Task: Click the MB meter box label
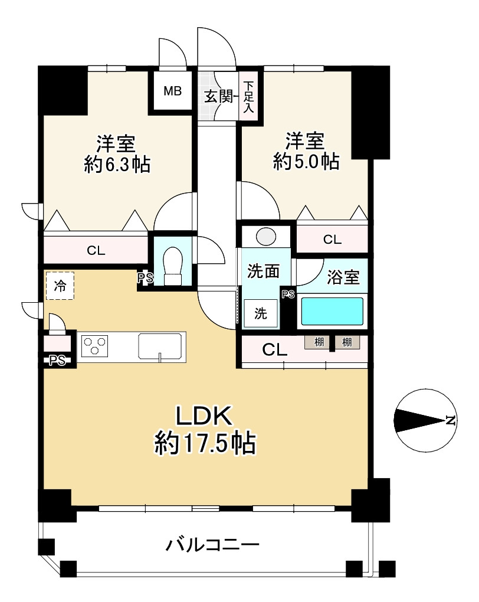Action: [x=172, y=91]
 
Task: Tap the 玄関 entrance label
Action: [x=218, y=96]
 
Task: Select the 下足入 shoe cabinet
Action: [x=249, y=97]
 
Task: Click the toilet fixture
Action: [x=172, y=266]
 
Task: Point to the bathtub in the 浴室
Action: [x=332, y=312]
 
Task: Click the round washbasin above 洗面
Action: [x=266, y=237]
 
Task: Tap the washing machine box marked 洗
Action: [x=261, y=313]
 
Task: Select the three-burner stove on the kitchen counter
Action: [x=94, y=346]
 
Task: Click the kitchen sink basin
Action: [x=160, y=347]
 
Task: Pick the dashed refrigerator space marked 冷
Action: [x=60, y=286]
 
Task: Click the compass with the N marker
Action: [x=425, y=420]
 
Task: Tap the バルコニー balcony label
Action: [x=212, y=544]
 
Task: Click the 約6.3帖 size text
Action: [x=117, y=164]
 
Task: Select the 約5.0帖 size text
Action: [x=306, y=161]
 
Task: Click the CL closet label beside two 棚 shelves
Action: [x=274, y=350]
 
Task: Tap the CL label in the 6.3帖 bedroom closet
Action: [x=96, y=251]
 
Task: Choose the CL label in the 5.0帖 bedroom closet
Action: [x=332, y=240]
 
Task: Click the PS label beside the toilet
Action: [x=146, y=278]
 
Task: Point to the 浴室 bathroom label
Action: [x=343, y=277]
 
